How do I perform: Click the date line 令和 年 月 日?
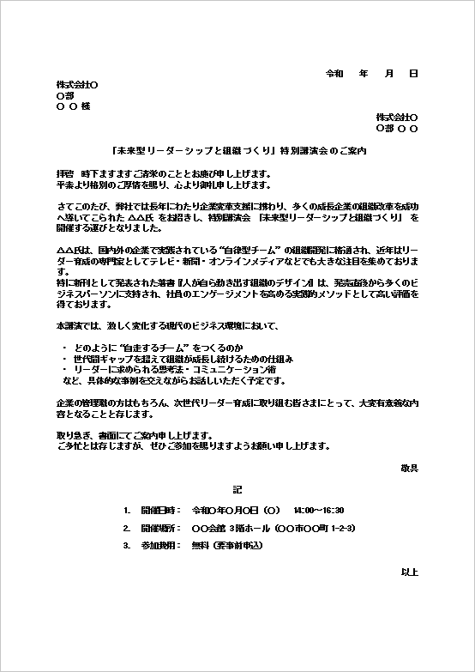click(x=372, y=74)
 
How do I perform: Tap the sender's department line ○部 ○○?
click(x=397, y=128)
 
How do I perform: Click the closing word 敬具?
click(x=409, y=468)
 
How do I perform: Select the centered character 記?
click(x=237, y=489)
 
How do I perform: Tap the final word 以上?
click(x=409, y=571)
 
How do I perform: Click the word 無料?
click(x=201, y=545)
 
